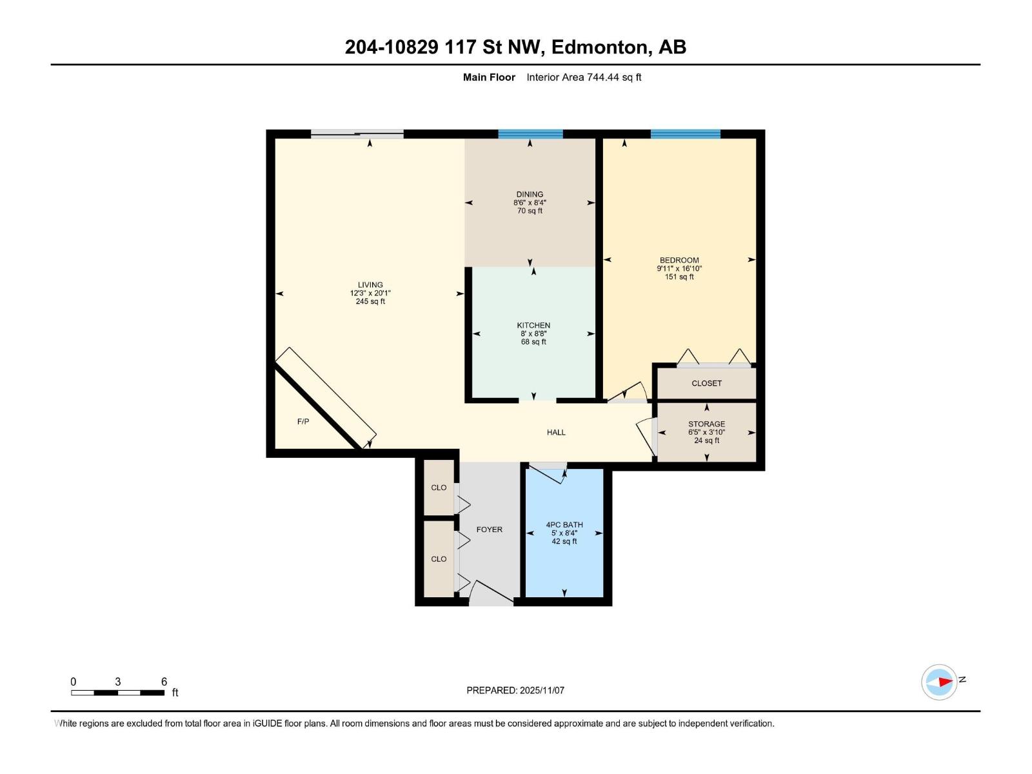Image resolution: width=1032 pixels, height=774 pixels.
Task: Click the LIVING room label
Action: click(370, 284)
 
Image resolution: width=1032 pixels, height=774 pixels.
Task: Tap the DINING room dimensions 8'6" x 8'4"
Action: click(530, 203)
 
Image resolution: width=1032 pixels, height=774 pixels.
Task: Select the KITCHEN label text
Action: click(533, 325)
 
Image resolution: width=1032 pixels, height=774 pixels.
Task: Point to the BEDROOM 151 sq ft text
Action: click(679, 277)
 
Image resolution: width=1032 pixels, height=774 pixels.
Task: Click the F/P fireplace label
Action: click(303, 421)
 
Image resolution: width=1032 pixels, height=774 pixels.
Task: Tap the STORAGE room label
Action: click(706, 424)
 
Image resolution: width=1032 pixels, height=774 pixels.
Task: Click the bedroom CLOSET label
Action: click(706, 383)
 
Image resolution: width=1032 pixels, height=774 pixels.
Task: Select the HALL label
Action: click(556, 432)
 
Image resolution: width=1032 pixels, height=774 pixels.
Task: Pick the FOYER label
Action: click(489, 530)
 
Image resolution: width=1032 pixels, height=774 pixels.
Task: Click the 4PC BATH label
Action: click(564, 524)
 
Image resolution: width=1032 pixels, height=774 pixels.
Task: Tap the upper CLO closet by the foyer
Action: click(439, 488)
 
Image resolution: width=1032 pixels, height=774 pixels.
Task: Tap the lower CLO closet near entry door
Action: click(439, 559)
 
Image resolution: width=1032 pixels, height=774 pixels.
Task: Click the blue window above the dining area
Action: click(530, 134)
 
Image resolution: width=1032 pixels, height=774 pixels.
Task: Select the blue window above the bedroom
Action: click(685, 134)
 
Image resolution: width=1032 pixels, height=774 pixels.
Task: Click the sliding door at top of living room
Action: click(357, 134)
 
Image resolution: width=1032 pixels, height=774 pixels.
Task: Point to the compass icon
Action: click(939, 682)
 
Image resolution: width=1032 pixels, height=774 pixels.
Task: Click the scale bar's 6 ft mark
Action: click(164, 682)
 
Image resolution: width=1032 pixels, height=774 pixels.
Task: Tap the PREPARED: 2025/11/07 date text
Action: click(515, 690)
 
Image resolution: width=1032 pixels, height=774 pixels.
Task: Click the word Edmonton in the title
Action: click(600, 47)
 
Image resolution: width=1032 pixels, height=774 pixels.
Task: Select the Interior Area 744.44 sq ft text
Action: click(584, 77)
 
